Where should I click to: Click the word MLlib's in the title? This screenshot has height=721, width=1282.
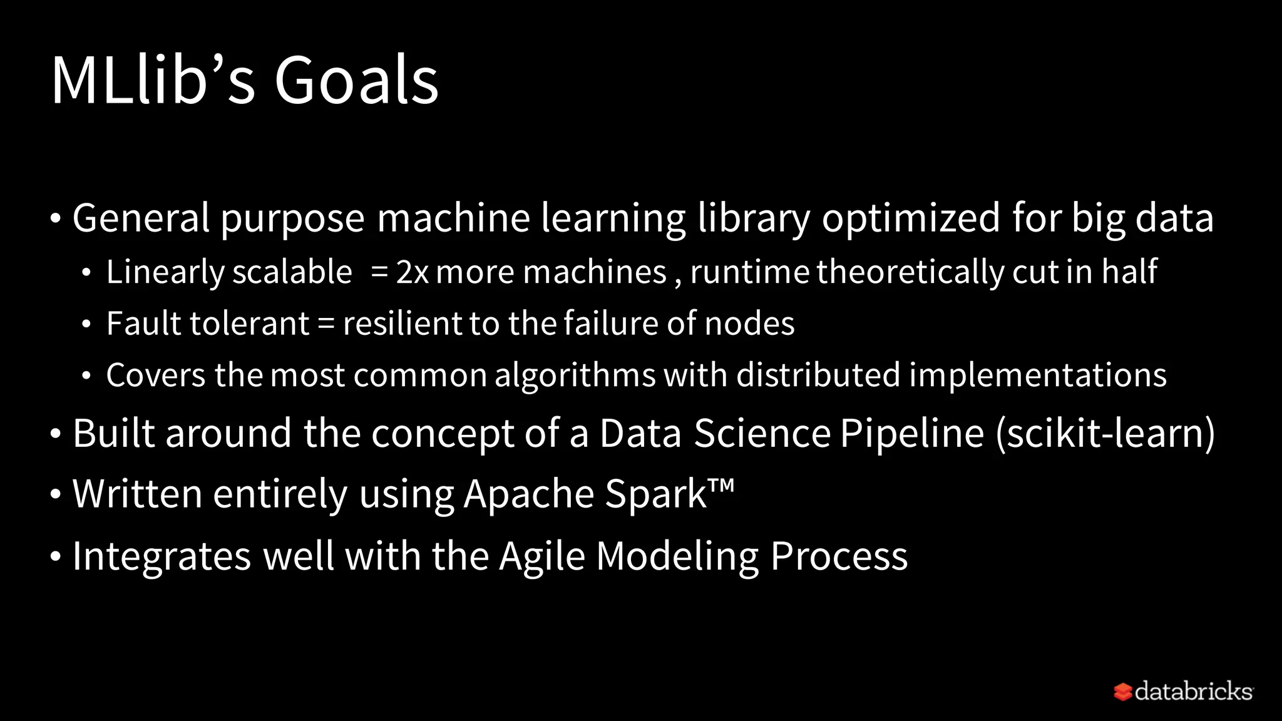pos(153,80)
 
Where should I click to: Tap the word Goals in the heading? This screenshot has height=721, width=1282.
pos(356,80)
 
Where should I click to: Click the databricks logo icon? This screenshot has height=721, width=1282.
pos(1122,692)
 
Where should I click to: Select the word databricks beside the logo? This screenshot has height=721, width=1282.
pos(1193,692)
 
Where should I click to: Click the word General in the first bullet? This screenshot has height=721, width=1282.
pos(141,218)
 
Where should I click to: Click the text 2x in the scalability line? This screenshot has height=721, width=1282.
pos(412,272)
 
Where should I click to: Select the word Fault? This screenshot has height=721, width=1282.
pos(144,324)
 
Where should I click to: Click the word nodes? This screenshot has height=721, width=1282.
pos(749,324)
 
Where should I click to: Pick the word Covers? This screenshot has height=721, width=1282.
pos(156,375)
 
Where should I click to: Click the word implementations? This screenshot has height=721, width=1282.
pos(1037,376)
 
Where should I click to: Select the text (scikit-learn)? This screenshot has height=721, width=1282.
pos(1105,433)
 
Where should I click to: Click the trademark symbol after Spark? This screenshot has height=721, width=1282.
pos(722,485)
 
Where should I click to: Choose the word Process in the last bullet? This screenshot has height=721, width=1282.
pos(839,556)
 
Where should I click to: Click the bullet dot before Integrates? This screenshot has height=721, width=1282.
pos(56,556)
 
